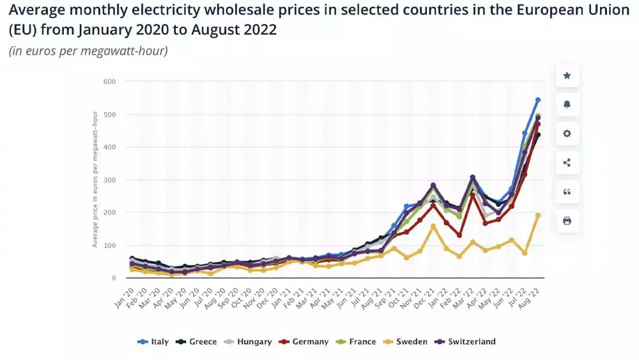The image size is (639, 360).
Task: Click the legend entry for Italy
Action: click(x=153, y=342)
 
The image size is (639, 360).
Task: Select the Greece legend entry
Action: click(x=197, y=342)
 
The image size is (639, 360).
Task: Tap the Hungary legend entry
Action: click(x=249, y=342)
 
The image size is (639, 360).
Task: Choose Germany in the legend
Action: click(x=304, y=342)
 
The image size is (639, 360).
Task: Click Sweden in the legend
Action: click(x=406, y=342)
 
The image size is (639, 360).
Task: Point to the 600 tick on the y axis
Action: click(x=109, y=81)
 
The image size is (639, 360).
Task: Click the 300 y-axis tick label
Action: click(x=109, y=180)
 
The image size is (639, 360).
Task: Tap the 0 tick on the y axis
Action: click(x=113, y=278)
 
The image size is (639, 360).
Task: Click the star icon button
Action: click(x=567, y=75)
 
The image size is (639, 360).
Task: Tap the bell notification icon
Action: click(x=567, y=104)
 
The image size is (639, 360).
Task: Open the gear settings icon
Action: click(x=567, y=134)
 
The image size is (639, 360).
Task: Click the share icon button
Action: click(x=567, y=162)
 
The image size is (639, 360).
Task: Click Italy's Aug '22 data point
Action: click(x=538, y=100)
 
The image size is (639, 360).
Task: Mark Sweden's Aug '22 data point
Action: click(x=538, y=215)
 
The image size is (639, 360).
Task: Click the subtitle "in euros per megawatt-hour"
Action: click(x=88, y=51)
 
